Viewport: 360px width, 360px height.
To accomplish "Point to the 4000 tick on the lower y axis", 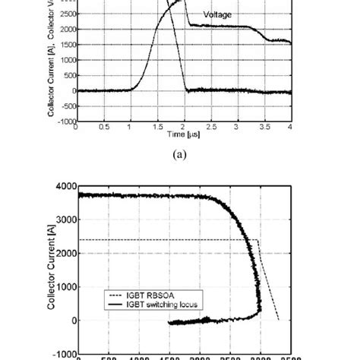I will (x=66, y=186).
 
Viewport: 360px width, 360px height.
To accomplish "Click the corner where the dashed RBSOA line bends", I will (x=259, y=240).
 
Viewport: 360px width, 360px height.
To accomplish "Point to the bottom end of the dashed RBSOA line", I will (x=279, y=320).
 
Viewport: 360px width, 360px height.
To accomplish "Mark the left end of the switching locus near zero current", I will (x=168, y=323).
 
